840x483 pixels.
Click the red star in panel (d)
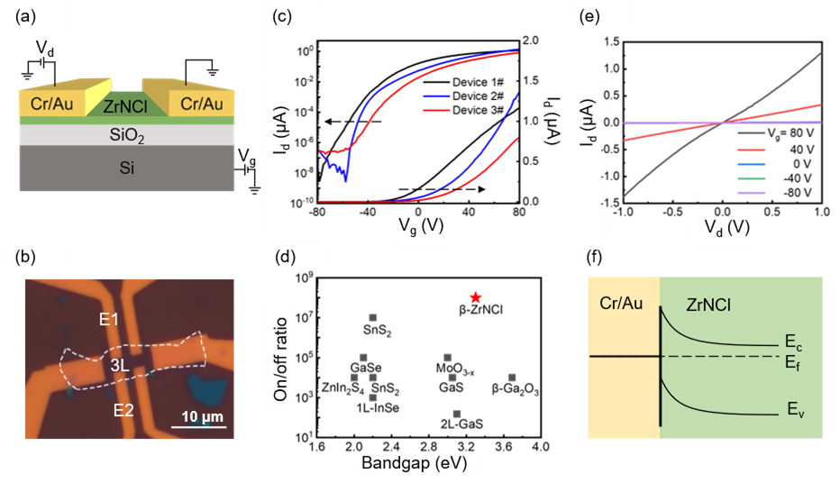click(x=475, y=299)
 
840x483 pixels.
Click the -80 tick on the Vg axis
click(x=316, y=212)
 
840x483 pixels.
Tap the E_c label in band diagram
click(x=791, y=345)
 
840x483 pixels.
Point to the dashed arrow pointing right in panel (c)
click(x=443, y=189)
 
